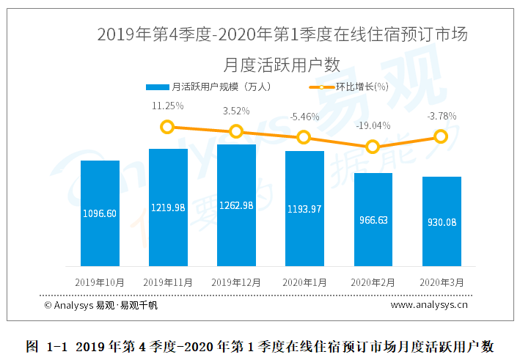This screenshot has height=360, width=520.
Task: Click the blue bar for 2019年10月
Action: coord(100,213)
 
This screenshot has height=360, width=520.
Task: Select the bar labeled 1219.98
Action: coord(168,207)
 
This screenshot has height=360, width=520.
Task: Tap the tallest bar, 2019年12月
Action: coord(236,205)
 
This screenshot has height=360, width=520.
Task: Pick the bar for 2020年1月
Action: coord(304,208)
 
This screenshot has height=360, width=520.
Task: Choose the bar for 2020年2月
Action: coord(373,219)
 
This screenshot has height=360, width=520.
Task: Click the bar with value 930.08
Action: coord(441,221)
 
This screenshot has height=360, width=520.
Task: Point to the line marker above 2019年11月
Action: coord(168,127)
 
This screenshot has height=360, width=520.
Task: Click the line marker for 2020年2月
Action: coord(373,147)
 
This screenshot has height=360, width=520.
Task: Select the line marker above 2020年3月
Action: coord(441,136)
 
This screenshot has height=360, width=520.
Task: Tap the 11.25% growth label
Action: coord(167,106)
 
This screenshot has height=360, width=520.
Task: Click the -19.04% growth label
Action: coord(373,125)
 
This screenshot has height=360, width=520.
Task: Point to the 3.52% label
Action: coord(236,111)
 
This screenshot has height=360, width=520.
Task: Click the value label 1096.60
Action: coord(100,213)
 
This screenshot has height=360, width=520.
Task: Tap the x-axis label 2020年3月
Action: coord(441,282)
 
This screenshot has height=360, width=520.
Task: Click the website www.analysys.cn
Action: coord(428,304)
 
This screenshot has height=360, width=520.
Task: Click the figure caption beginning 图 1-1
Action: coord(260,346)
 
